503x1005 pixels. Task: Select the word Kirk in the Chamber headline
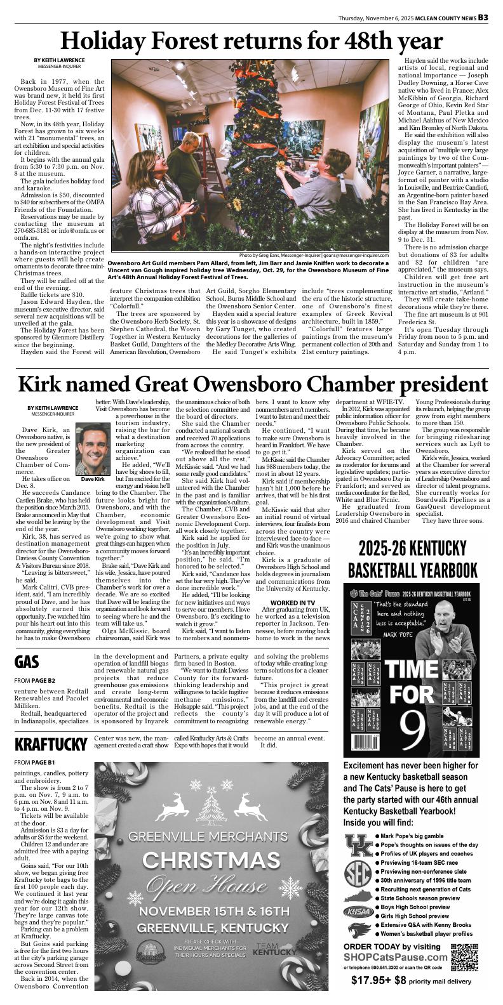pyautogui.click(x=43, y=384)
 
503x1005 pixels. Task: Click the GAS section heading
pyautogui.click(x=27, y=662)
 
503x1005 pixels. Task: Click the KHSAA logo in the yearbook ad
pyautogui.click(x=359, y=912)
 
